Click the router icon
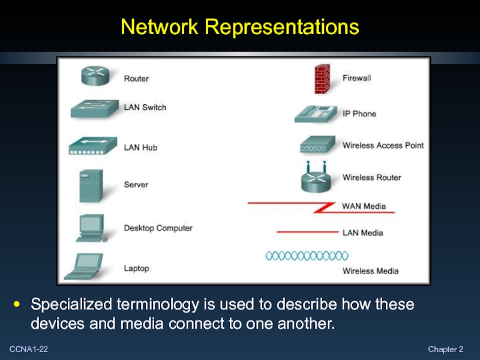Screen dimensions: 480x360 point(96,76)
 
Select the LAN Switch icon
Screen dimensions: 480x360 point(94,109)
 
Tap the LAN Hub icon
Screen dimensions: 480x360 point(94,146)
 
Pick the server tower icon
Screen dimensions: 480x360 point(91,185)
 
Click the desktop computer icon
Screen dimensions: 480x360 point(91,228)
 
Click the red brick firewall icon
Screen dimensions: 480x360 point(322,79)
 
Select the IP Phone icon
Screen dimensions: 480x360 point(314,113)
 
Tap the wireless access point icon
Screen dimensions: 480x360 point(316,145)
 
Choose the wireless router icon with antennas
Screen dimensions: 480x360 point(316,178)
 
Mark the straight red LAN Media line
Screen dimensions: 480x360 point(307,232)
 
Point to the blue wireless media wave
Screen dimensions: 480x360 point(298,256)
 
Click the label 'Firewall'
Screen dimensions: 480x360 point(357,78)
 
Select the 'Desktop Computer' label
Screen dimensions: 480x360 point(158,228)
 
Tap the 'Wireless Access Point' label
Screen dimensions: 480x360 point(383,145)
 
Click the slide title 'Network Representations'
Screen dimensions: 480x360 point(239,27)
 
